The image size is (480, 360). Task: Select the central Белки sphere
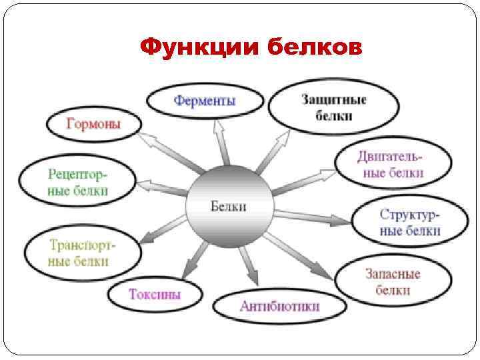229,207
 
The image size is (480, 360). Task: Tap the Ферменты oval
205,101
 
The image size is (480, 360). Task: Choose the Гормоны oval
94,123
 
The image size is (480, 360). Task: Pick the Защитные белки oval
333,107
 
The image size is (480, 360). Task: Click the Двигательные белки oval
393,165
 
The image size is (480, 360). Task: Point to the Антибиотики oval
279,307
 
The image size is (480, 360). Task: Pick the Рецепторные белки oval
77,181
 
